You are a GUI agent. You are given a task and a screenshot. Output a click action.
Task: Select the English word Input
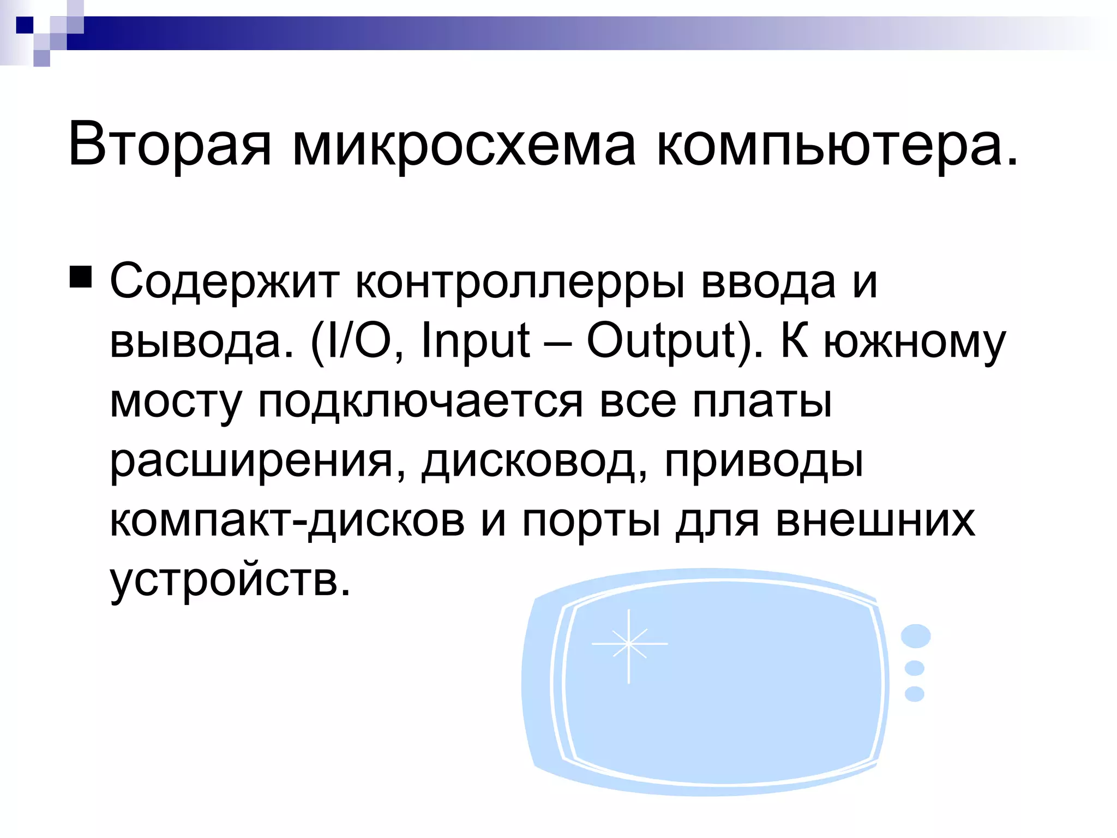coord(475,341)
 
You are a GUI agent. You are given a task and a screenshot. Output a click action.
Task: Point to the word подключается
coord(421,402)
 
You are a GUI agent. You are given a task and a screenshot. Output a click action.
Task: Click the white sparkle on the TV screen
coord(629,644)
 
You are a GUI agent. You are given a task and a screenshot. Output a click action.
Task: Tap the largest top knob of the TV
coord(916,636)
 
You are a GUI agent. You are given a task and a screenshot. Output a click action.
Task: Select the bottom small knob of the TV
coord(915,694)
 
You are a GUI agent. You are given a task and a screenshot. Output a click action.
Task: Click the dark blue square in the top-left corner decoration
coord(25,25)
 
